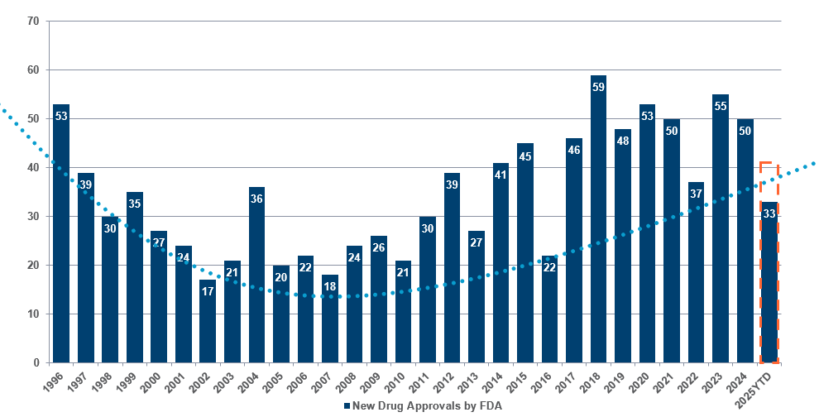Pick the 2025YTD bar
tap(769, 282)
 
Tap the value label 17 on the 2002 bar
tap(208, 291)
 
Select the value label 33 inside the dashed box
tap(769, 213)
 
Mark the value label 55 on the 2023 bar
tap(721, 106)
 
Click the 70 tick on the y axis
tap(34, 21)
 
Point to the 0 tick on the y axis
tap(37, 362)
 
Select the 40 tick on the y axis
tap(34, 167)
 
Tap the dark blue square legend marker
tap(346, 405)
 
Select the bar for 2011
tap(428, 290)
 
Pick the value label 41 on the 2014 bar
tap(500, 175)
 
